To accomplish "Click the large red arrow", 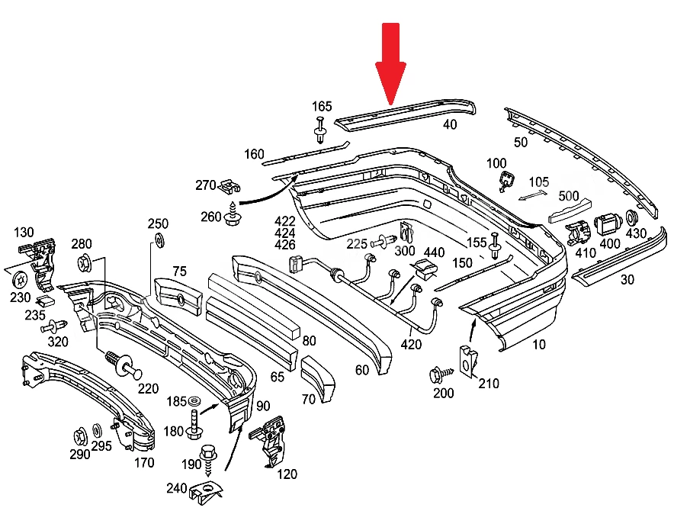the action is [x=390, y=63].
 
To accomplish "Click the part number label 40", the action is [x=450, y=124].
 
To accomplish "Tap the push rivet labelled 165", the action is [x=320, y=129].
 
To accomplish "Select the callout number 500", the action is [x=568, y=196].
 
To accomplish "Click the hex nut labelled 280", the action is [x=84, y=262].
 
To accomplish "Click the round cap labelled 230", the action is [x=20, y=280].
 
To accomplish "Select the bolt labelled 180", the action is [x=194, y=425].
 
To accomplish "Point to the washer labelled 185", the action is [x=194, y=402].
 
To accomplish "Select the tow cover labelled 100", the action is [x=505, y=181].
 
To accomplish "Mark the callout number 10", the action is [x=538, y=344].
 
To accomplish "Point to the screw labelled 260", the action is [x=232, y=214].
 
